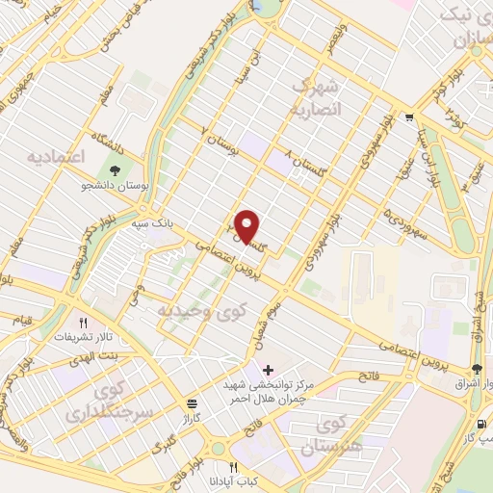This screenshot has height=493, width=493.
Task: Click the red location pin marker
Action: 247,227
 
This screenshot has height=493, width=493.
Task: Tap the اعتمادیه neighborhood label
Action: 55,156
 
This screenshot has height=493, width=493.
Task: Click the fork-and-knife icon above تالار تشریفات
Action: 84,324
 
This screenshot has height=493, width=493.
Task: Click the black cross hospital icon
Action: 268,370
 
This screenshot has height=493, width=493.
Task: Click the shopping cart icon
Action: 410,118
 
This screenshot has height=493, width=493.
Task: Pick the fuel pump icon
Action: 480,425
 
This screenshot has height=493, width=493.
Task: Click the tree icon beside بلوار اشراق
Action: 477,371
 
